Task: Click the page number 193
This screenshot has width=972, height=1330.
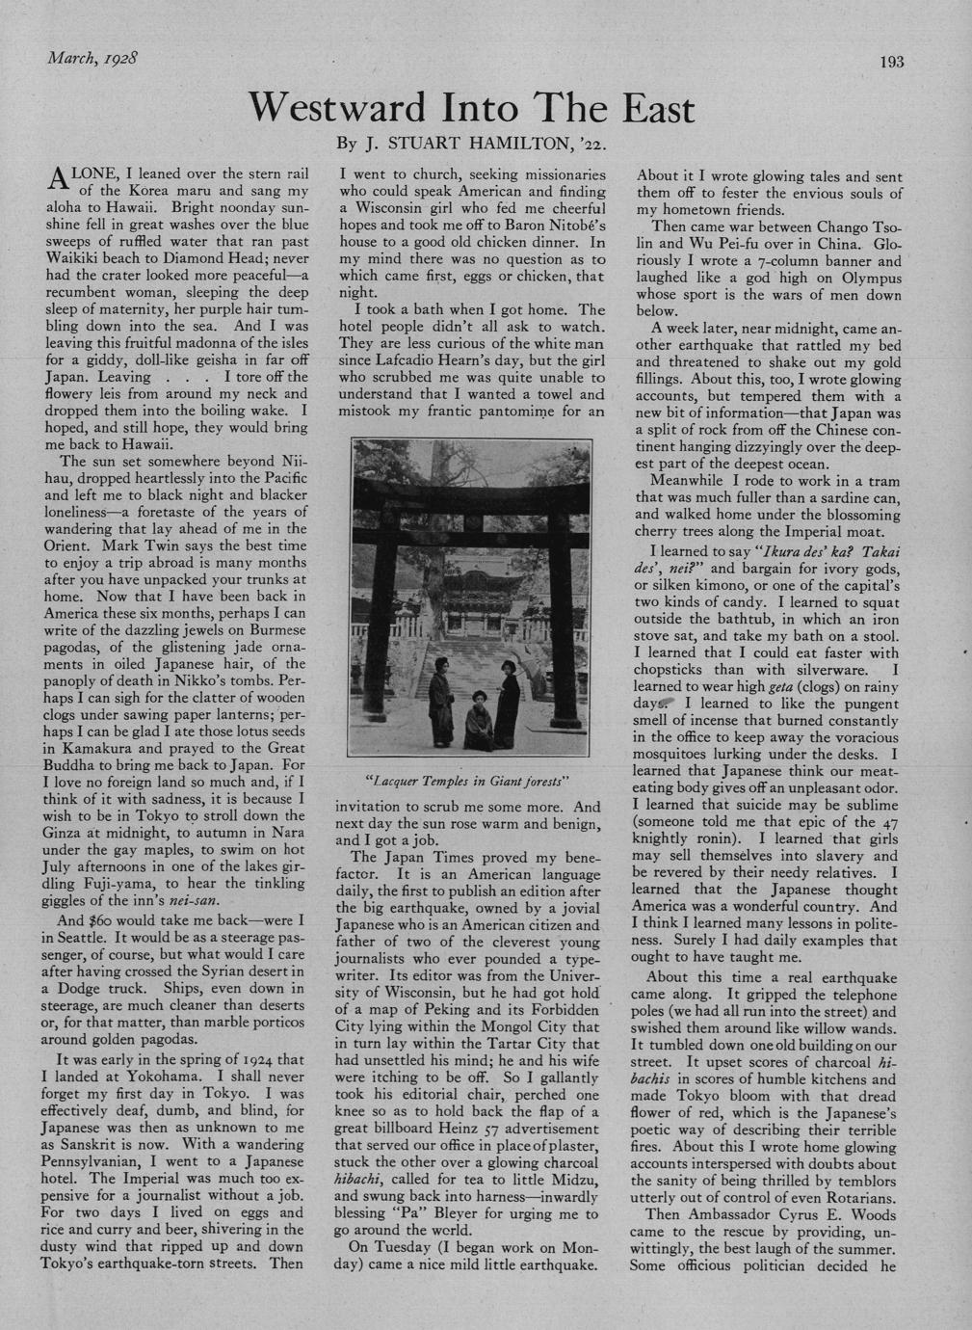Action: click(x=892, y=63)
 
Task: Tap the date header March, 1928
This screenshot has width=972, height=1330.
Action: click(x=92, y=57)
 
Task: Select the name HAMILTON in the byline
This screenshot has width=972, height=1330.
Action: click(x=518, y=148)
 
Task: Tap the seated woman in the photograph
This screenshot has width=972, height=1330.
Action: click(x=475, y=723)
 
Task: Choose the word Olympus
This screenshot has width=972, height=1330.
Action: click(x=866, y=278)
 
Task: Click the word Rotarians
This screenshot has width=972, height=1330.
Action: click(x=858, y=1198)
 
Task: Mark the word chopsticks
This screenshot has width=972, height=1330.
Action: click(x=673, y=670)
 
